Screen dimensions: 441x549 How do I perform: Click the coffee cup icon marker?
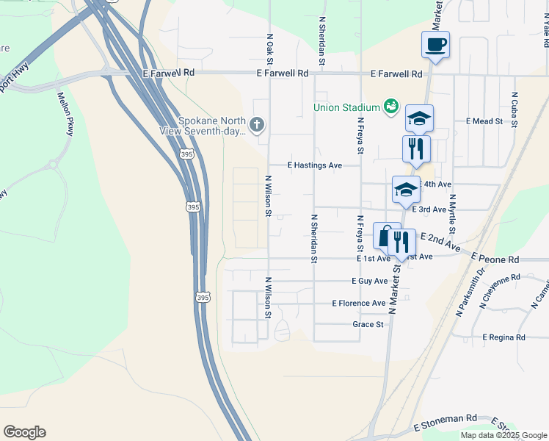pos(435,45)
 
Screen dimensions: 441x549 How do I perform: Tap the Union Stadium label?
pos(346,107)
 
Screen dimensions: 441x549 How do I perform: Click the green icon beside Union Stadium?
pos(390,107)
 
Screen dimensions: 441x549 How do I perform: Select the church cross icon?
pos(257,123)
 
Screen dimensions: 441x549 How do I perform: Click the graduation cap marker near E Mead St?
pos(419,118)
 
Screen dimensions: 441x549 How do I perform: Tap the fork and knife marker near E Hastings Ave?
pos(416,148)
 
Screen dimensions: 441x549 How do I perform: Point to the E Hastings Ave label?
pos(315,165)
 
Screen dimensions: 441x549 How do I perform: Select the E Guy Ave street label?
pos(369,282)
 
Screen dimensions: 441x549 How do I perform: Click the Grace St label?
pos(368,324)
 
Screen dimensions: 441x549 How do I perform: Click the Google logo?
pos(24,432)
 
